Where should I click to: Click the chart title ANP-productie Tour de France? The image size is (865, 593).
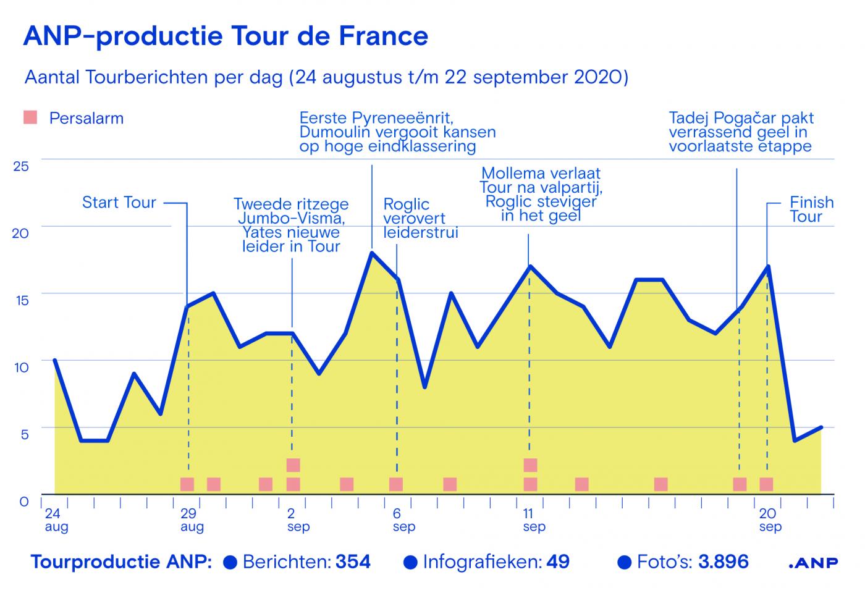(x=226, y=36)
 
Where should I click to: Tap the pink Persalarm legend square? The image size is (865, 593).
(x=30, y=117)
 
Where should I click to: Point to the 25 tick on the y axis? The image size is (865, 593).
(x=21, y=166)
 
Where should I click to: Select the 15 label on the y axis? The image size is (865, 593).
(x=21, y=301)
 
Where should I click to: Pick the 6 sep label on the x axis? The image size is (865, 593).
(x=402, y=520)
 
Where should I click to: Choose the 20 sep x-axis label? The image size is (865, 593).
(x=769, y=520)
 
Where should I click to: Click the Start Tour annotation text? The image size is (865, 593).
(x=119, y=203)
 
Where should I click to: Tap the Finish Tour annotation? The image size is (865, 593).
(x=811, y=209)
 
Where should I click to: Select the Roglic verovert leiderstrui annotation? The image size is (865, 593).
(x=420, y=219)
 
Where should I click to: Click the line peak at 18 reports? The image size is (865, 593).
(x=371, y=252)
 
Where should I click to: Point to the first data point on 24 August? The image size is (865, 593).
(x=55, y=360)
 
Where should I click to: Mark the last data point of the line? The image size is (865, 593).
(x=821, y=427)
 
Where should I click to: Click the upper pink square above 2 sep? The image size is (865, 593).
(x=293, y=465)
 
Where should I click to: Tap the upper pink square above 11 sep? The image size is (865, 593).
(x=530, y=465)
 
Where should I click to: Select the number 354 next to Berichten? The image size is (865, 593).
(x=353, y=562)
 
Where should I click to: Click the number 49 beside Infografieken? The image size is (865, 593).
(x=558, y=562)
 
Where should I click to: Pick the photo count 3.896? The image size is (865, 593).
(x=723, y=562)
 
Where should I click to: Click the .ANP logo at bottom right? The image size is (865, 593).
(x=814, y=563)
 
